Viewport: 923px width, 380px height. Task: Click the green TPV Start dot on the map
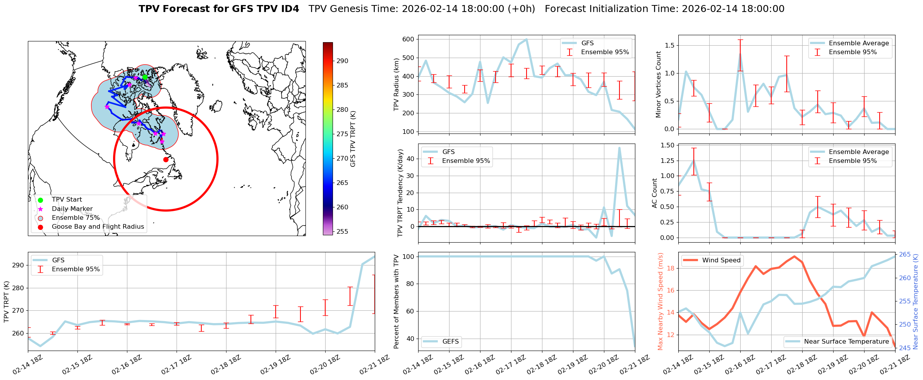145,77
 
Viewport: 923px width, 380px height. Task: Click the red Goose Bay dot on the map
166,159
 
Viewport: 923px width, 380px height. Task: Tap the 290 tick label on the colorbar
342,61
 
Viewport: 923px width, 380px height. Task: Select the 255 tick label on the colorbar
342,231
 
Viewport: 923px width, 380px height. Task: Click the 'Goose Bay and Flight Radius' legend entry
98,227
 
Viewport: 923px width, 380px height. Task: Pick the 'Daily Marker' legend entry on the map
72,209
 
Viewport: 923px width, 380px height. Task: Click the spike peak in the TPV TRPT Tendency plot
619,148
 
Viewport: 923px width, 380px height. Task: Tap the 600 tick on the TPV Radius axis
408,39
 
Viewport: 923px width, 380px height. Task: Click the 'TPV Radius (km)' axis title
396,84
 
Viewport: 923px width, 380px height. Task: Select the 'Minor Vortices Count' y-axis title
659,84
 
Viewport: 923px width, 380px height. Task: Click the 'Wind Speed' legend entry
721,260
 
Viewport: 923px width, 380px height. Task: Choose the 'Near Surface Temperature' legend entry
846,342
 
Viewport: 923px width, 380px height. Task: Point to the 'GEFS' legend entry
450,342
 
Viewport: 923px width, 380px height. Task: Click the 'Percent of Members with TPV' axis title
396,301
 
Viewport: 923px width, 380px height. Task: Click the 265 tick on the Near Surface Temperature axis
905,255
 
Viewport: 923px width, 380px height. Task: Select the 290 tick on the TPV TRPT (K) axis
18,265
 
